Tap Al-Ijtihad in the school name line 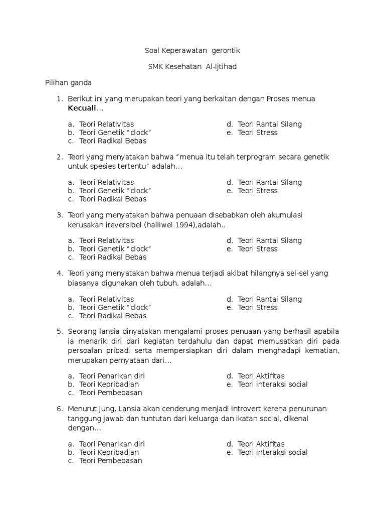coord(222,67)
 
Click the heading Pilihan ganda coord(68,83)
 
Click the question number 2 coord(59,157)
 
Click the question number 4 coord(59,274)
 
